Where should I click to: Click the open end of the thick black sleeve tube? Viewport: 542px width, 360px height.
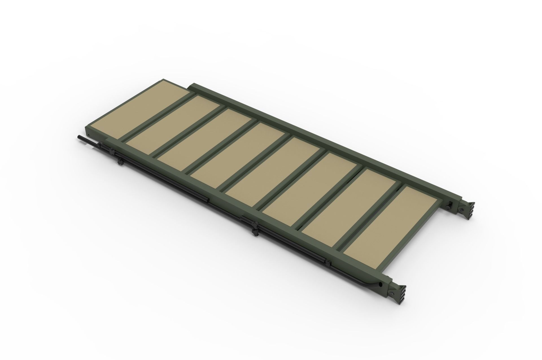(208, 201)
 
